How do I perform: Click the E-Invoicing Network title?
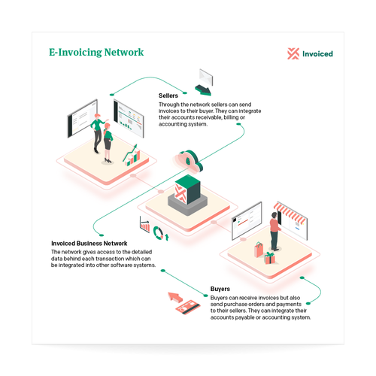96,53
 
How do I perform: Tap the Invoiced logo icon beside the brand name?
293,53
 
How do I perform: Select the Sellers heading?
168,96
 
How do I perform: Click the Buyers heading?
220,289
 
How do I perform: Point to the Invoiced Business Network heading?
89,244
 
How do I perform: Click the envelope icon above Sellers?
206,77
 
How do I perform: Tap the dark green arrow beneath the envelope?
203,90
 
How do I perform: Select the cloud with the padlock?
189,161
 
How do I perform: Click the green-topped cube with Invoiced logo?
187,190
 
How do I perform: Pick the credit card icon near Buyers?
188,307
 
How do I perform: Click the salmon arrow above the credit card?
175,297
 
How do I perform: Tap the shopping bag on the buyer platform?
259,250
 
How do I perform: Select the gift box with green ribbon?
270,258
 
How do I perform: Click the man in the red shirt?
275,232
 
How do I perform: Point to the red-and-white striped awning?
290,214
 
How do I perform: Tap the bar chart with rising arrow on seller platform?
132,156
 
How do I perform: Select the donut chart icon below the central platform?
159,233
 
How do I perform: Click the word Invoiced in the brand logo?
317,54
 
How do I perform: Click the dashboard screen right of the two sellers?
129,118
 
